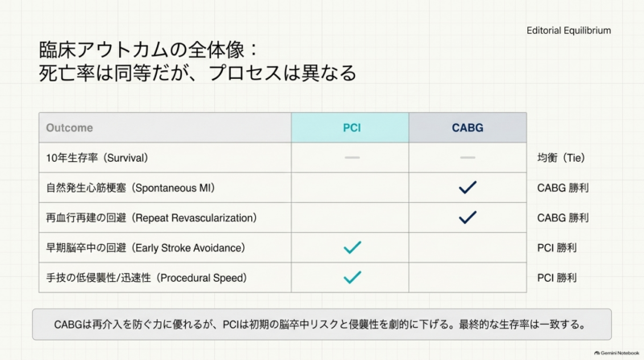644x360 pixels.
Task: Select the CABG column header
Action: (x=468, y=127)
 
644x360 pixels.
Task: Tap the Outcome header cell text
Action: (x=69, y=128)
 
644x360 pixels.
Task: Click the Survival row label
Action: (x=97, y=158)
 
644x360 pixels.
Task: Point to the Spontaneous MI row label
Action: (x=130, y=188)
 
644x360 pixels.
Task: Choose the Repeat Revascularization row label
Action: (x=151, y=217)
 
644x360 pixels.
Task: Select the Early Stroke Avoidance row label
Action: (x=146, y=248)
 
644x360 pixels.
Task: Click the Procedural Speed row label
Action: (x=147, y=278)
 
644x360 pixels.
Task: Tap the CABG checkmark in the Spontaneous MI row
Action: (x=468, y=188)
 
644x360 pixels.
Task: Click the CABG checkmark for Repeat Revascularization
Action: (x=468, y=217)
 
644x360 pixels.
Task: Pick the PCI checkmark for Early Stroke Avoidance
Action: (x=352, y=247)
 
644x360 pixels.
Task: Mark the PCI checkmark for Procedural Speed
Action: (x=352, y=277)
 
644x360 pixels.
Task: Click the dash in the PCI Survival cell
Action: (x=352, y=157)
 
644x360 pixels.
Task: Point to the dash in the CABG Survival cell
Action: (x=468, y=157)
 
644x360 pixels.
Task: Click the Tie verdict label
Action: (x=561, y=158)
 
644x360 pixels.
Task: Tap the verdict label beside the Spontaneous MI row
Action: (x=563, y=188)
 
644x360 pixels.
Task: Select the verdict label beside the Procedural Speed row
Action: (x=557, y=278)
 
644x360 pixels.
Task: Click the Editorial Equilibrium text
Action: (x=569, y=31)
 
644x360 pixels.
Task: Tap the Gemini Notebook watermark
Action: (x=617, y=353)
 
